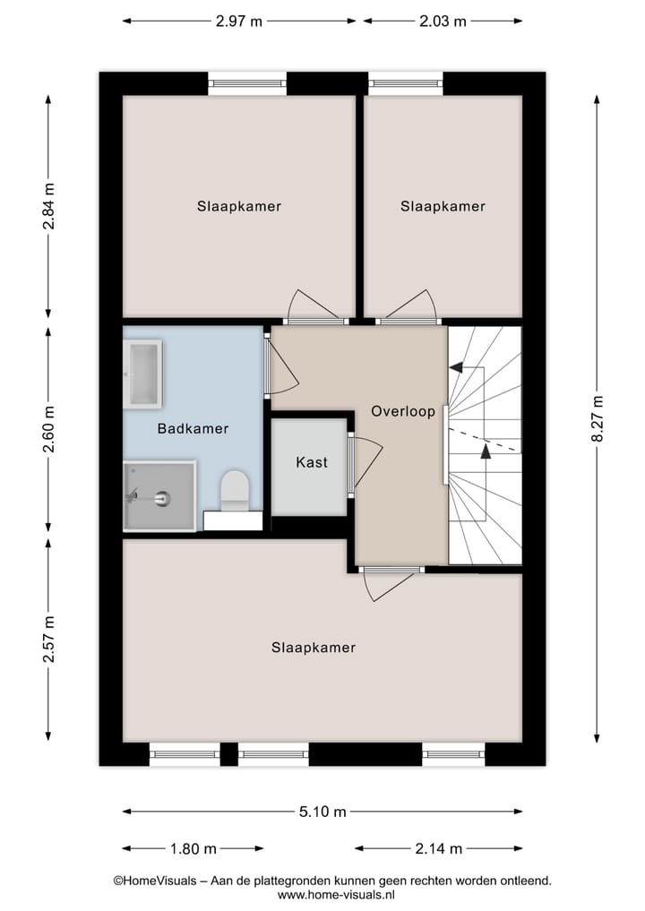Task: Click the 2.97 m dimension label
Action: click(x=239, y=21)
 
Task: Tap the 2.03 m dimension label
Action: click(x=443, y=21)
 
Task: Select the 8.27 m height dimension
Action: click(x=598, y=418)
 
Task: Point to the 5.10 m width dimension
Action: click(x=323, y=812)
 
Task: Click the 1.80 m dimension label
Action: click(x=193, y=848)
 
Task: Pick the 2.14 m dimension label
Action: click(x=438, y=848)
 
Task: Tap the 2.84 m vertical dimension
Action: click(x=48, y=207)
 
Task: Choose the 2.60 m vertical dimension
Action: click(x=48, y=429)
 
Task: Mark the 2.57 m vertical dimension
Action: click(x=48, y=639)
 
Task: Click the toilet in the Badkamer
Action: click(x=234, y=491)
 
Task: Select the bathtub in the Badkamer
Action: click(x=142, y=374)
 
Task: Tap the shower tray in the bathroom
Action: click(x=159, y=495)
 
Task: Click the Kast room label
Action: click(x=312, y=462)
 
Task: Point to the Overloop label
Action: click(x=403, y=412)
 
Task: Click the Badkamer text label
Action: click(x=193, y=428)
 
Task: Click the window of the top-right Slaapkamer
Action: click(x=405, y=83)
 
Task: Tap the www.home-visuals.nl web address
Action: click(x=336, y=894)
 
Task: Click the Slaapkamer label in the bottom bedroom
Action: click(x=314, y=648)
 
